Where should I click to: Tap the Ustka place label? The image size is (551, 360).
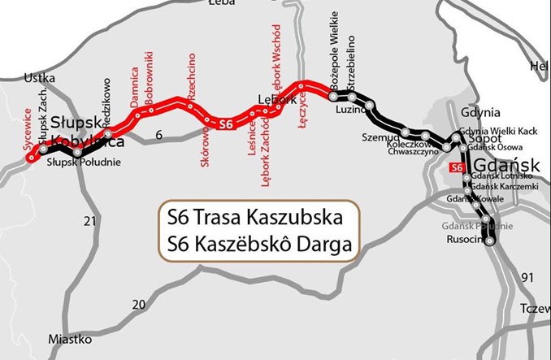[x=40, y=79]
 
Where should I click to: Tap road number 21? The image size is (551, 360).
[x=90, y=221]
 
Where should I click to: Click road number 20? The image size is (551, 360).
[x=139, y=304]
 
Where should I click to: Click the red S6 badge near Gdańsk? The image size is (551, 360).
[x=458, y=167]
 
